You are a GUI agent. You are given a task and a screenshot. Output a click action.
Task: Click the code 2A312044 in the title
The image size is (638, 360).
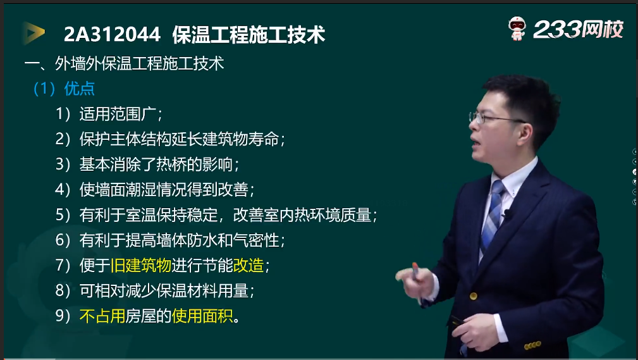(x=113, y=34)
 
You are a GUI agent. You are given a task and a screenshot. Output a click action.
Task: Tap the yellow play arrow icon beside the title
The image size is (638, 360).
(x=34, y=33)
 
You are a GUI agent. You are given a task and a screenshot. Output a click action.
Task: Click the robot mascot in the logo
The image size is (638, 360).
(x=517, y=28)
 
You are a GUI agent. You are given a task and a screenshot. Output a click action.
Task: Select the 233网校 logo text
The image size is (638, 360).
(x=578, y=29)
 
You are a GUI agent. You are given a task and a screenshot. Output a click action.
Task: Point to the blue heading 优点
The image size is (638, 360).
(x=79, y=89)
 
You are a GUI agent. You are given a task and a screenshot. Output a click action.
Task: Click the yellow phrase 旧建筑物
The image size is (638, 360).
(x=141, y=266)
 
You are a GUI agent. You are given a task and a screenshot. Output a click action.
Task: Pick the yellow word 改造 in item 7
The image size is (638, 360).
(x=248, y=266)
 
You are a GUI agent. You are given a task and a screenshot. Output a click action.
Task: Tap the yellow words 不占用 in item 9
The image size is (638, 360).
(x=102, y=316)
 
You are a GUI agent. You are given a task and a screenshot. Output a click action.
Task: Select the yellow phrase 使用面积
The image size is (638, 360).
(x=202, y=316)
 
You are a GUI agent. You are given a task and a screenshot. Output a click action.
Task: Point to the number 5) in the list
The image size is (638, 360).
(x=63, y=215)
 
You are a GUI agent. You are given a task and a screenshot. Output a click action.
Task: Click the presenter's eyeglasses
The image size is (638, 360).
(x=494, y=118)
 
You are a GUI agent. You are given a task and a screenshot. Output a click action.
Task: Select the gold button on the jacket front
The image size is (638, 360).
(x=473, y=296)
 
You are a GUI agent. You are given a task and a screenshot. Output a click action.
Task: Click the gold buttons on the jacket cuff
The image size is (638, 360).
(x=532, y=345)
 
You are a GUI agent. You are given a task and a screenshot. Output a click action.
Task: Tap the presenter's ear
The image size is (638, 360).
(x=525, y=133)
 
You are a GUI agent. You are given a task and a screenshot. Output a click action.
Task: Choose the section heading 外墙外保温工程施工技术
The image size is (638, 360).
(x=139, y=63)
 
